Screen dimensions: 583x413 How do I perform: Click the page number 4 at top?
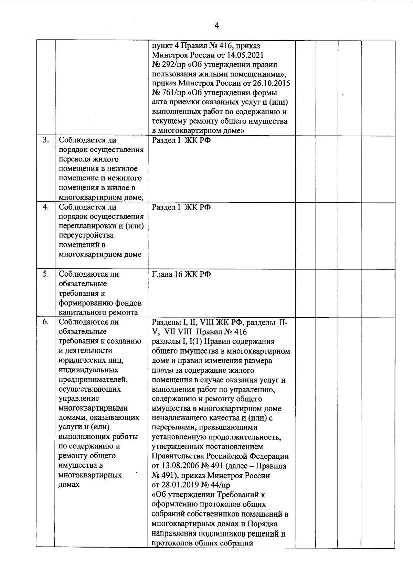pos(216,25)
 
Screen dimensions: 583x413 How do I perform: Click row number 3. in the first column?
pos(45,140)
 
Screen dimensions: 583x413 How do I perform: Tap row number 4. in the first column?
pos(45,207)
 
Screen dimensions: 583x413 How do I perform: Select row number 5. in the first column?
pos(45,274)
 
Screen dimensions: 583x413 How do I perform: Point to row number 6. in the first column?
pos(45,322)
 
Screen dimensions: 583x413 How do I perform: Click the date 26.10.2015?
pos(272,83)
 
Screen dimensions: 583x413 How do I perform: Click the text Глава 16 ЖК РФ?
pos(181,274)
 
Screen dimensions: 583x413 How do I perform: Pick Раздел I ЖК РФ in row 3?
pos(181,140)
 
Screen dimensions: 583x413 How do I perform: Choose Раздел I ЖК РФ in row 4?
pos(181,207)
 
